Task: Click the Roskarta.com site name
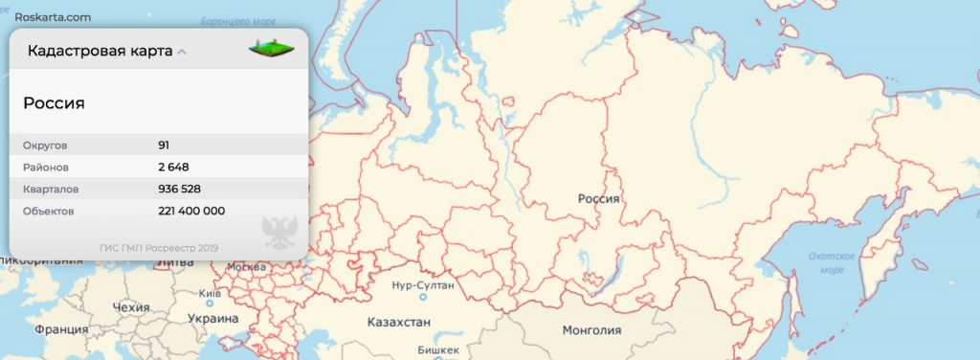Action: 53,17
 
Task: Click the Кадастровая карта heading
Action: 100,51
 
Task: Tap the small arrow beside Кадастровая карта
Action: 182,52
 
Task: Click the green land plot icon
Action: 272,47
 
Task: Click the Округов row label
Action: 46,146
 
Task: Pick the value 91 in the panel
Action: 165,146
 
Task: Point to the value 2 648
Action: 173,167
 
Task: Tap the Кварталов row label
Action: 52,189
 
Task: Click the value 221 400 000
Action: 191,211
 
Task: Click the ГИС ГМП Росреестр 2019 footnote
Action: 159,248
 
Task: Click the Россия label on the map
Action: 600,198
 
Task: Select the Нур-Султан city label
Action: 423,285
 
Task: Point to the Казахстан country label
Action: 399,322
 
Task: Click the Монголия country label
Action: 591,330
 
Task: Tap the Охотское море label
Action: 831,263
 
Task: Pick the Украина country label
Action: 212,319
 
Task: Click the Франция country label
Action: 61,329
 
